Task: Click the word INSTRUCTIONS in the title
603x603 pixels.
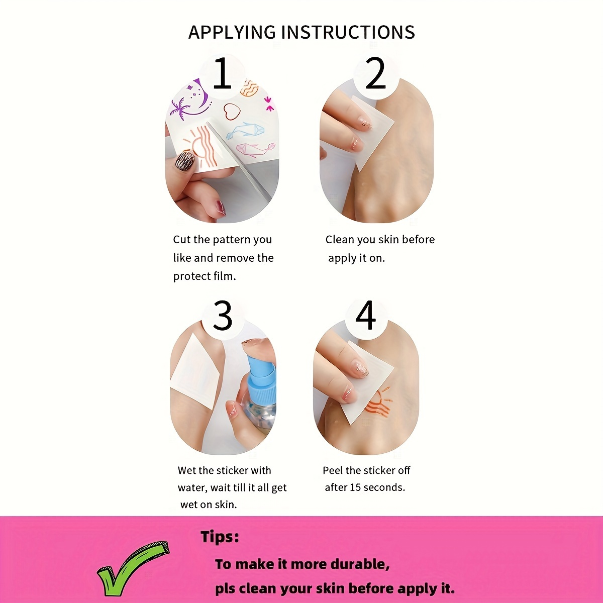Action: click(x=348, y=32)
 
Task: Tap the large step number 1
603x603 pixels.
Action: click(x=222, y=73)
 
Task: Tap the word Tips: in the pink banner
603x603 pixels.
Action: click(x=220, y=537)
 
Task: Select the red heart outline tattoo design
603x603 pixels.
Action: click(x=232, y=112)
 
